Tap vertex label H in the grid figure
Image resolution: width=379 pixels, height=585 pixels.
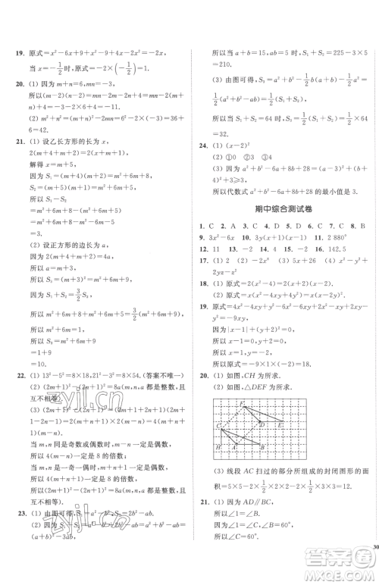tap(219, 447)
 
